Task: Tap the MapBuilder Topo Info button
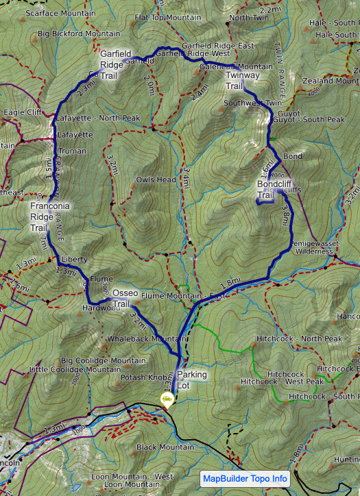click(x=245, y=479)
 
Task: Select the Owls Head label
click(x=156, y=180)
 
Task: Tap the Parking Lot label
click(x=191, y=380)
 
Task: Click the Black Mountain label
click(x=165, y=447)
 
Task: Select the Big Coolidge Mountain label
click(x=103, y=360)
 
